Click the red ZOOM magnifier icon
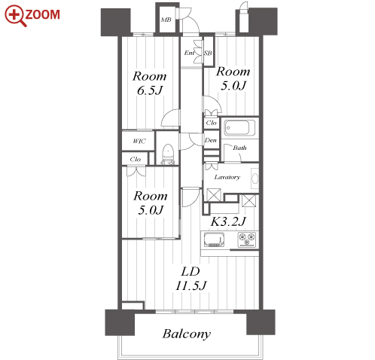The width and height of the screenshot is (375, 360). [15, 15]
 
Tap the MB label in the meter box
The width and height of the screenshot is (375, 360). [166, 20]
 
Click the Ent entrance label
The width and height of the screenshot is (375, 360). [189, 53]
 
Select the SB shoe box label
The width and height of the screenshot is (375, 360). [208, 53]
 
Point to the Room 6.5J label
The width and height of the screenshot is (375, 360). [150, 83]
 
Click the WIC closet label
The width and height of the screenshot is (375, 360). [139, 141]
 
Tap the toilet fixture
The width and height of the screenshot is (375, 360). [167, 154]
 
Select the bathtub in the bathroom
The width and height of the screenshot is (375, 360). [239, 127]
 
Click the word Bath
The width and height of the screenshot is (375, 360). [239, 148]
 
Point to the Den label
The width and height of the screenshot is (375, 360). [210, 140]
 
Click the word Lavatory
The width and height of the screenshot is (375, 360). [227, 177]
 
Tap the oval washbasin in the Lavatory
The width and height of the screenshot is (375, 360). [255, 178]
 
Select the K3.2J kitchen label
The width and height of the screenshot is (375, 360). [228, 221]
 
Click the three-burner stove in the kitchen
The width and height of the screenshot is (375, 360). [247, 239]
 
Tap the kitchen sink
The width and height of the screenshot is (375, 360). [214, 239]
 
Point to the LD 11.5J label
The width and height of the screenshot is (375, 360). [191, 279]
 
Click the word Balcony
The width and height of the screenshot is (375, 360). [187, 334]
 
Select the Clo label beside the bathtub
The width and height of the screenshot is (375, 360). [211, 123]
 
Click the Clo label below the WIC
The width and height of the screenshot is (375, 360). [136, 159]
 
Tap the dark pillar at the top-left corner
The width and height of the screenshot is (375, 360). [116, 22]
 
